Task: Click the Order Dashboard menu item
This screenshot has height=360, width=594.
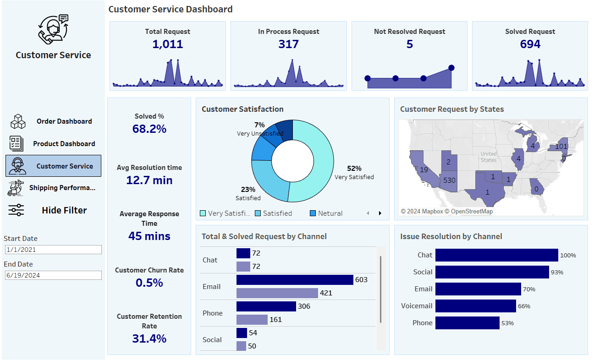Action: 64,121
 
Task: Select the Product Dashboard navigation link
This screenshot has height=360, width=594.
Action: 64,144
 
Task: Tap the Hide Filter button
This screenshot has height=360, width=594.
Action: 64,210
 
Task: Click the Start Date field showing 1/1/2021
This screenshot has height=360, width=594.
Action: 53,250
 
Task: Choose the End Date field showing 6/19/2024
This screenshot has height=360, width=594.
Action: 53,275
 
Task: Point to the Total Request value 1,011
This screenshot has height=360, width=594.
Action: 167,44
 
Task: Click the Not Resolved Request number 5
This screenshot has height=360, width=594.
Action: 409,44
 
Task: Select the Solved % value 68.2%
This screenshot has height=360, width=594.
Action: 149,129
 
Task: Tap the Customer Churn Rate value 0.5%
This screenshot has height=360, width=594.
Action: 149,283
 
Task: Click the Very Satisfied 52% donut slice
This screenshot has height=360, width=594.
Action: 321,165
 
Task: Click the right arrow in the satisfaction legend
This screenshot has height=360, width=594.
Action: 379,213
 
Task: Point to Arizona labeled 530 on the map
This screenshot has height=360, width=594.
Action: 449,180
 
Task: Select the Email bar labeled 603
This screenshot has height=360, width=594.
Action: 294,280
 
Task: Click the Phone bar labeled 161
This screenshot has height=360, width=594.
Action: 252,320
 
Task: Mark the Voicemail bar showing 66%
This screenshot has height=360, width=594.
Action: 475,306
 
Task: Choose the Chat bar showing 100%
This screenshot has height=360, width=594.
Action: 496,255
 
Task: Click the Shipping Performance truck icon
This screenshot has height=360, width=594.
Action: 16,188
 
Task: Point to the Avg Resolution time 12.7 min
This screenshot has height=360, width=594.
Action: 149,180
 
